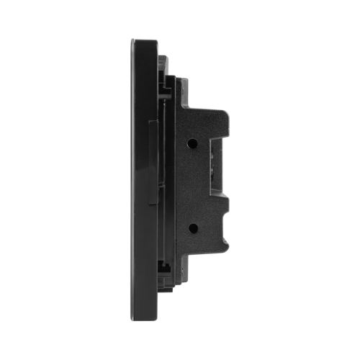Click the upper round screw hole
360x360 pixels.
click(193, 143)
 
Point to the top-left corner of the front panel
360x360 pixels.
click(131, 39)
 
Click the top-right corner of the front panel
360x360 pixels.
click(158, 39)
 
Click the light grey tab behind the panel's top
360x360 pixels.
click(164, 60)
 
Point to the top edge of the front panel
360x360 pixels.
click(145, 39)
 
